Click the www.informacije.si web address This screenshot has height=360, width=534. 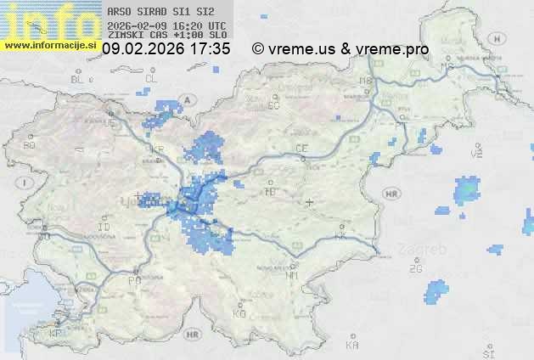tap(50, 45)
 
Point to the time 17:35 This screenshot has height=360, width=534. tap(211, 49)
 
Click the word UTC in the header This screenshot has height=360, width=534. tap(216, 25)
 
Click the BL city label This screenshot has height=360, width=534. tap(79, 78)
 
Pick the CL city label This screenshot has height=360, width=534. tap(152, 78)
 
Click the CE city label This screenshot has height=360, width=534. tap(301, 149)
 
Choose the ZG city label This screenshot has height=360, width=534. tap(415, 269)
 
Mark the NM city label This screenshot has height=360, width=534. tap(293, 275)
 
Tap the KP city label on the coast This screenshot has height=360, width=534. tap(57, 334)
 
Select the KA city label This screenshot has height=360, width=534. tap(352, 346)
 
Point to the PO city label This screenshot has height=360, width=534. tap(133, 280)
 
